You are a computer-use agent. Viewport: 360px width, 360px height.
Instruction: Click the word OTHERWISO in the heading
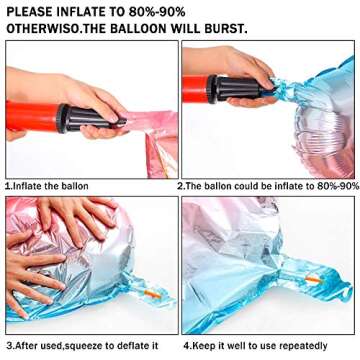tap(42, 29)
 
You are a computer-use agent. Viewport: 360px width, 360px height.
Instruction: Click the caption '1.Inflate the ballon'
tap(47, 186)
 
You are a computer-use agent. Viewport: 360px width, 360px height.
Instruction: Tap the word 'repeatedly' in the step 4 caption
tap(303, 346)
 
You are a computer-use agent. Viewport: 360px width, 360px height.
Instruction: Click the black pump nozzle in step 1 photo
tap(91, 118)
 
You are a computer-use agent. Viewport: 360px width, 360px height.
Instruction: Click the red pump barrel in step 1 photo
tap(33, 117)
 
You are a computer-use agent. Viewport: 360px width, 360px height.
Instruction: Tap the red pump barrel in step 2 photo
tap(196, 89)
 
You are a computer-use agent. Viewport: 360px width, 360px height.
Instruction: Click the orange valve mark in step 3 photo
tap(152, 293)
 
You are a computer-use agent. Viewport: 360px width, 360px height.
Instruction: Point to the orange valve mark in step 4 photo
tap(314, 281)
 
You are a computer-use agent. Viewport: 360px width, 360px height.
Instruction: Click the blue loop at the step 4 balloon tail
tap(345, 291)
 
